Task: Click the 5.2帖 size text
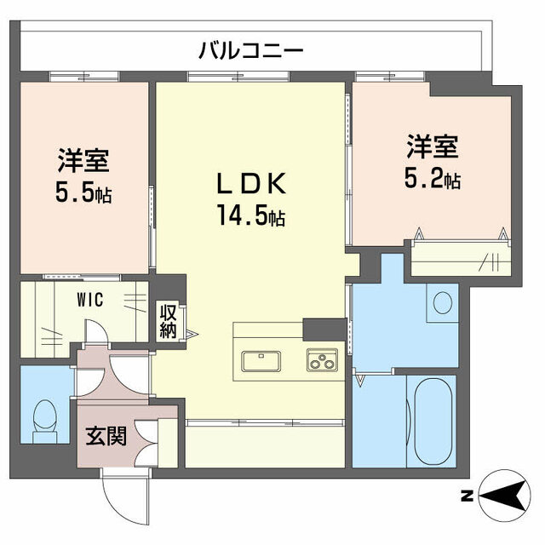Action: pos(432,180)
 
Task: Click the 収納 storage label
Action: pos(168,320)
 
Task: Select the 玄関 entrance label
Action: pos(106,436)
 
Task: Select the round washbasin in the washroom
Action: pos(442,303)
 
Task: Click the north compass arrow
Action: pos(505,494)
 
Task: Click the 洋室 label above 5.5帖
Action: pos(83,159)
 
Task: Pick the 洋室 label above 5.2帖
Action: pos(432,147)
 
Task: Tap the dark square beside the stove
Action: pos(324,328)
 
